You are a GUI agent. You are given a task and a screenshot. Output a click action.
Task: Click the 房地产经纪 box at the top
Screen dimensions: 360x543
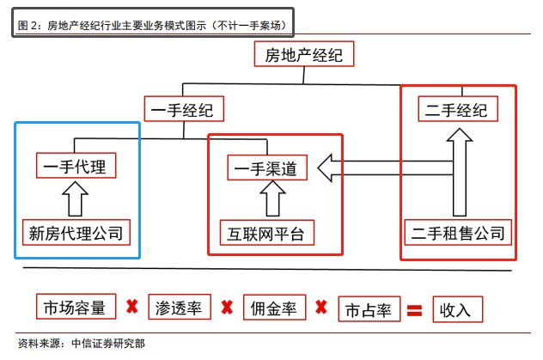[304, 57]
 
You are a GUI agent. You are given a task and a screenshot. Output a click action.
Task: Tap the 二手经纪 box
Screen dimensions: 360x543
[456, 110]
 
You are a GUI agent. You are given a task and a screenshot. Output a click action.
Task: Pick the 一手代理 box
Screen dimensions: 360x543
[76, 166]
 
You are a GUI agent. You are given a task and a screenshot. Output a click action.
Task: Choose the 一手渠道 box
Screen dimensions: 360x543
[267, 168]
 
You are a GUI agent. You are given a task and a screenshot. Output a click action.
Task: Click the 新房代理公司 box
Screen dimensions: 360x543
[76, 232]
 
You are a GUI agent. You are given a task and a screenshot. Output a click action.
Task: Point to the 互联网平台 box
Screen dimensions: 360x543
[266, 232]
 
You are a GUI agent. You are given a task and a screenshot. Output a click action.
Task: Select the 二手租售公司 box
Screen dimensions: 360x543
[457, 232]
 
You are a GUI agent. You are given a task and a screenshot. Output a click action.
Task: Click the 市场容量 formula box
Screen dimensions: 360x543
[76, 307]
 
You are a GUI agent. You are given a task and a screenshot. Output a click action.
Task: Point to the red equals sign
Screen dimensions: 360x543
[415, 308]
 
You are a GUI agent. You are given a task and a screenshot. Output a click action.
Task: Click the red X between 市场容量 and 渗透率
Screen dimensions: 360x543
[132, 307]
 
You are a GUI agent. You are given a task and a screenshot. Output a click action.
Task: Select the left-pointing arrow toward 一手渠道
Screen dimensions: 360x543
[378, 168]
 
